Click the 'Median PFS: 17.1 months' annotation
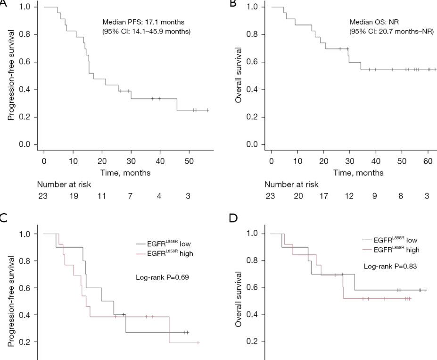[x=137, y=22]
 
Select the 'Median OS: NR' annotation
[x=368, y=22]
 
